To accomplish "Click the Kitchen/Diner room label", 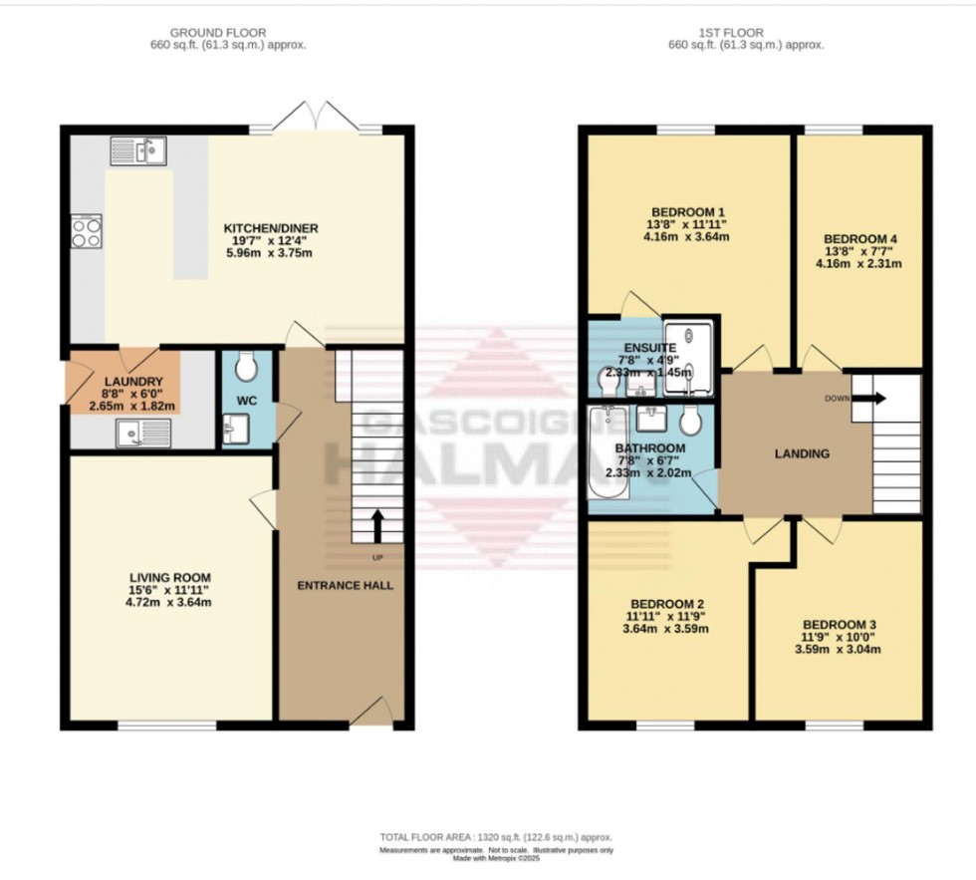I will (257, 228).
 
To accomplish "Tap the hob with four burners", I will (87, 231).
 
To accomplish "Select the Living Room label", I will (170, 577).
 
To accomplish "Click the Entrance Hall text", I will (345, 585).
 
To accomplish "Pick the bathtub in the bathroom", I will (606, 454).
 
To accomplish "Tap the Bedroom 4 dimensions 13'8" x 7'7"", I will (860, 251).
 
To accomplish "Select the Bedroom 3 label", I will (840, 625).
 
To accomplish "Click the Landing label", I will (802, 454).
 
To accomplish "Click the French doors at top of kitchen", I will (315, 119).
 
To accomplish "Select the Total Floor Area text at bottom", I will (495, 837).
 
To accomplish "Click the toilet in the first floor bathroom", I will (691, 422).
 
